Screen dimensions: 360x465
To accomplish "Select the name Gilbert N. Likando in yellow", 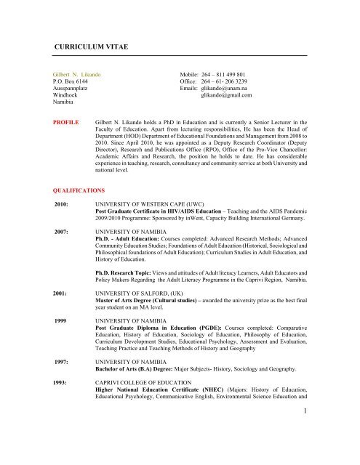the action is [x=80, y=76].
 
